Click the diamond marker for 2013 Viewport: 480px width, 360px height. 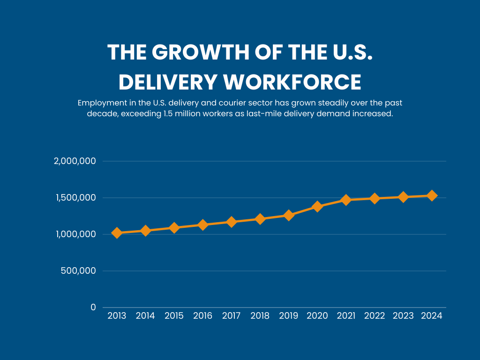[x=117, y=232]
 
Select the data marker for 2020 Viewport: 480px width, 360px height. [x=317, y=206]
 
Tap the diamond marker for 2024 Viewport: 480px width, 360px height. [x=432, y=195]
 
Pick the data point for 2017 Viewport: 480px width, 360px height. [x=231, y=222]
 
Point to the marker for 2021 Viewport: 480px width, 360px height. [x=346, y=200]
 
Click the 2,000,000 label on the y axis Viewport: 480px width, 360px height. [x=75, y=161]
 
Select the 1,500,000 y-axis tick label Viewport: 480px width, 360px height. [x=75, y=197]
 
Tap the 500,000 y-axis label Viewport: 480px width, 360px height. [x=78, y=270]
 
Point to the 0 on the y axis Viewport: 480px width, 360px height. [x=93, y=307]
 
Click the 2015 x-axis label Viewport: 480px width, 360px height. [x=174, y=316]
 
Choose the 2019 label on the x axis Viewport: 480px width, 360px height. [x=288, y=316]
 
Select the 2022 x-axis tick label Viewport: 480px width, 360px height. [x=375, y=316]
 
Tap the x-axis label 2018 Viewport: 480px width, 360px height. [x=260, y=316]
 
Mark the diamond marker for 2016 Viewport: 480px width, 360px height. [x=202, y=225]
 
